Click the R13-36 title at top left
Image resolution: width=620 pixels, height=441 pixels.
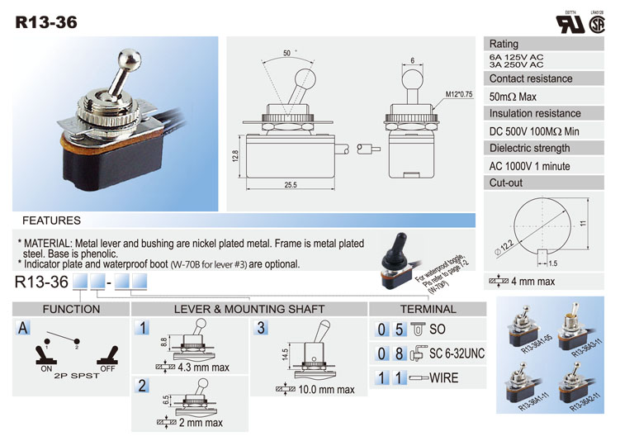(x=46, y=22)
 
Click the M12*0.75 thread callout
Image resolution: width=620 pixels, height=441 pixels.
(x=458, y=94)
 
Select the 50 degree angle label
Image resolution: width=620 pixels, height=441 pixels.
(x=286, y=53)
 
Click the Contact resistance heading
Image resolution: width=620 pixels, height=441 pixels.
(x=530, y=79)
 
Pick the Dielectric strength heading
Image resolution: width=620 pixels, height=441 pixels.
(x=529, y=149)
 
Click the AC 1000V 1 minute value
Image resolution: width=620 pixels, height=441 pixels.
(x=529, y=166)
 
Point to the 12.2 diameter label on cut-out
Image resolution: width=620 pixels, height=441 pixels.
(x=504, y=244)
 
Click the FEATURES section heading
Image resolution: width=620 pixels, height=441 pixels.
(x=51, y=221)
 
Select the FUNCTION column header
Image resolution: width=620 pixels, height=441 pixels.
(x=71, y=310)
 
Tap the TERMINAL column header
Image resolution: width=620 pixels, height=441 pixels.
(x=428, y=310)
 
